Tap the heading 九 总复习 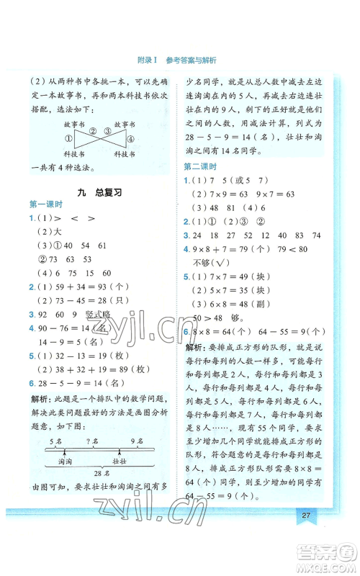(x=99, y=193)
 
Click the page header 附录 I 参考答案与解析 (x=180, y=60)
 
